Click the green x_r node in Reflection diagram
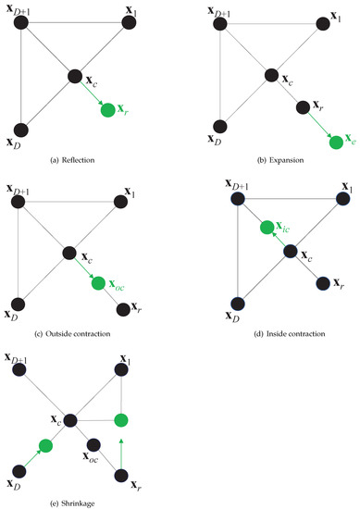coord(108,110)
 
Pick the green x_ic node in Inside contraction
coord(268,227)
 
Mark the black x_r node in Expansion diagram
coord(302,108)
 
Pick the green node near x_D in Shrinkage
coord(44,447)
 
